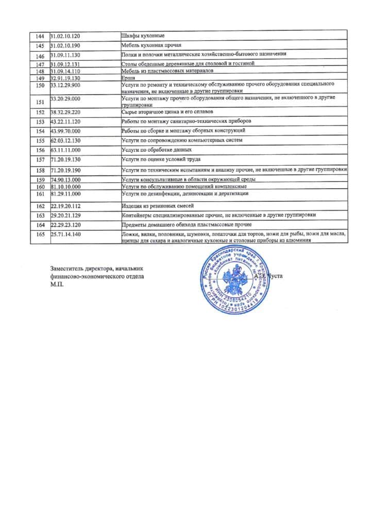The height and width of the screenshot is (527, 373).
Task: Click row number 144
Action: pyautogui.click(x=40, y=36)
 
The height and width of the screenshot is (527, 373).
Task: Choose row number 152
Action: pyautogui.click(x=40, y=112)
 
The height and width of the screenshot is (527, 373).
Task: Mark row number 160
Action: pyautogui.click(x=40, y=187)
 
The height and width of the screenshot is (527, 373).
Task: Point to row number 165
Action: pyautogui.click(x=40, y=235)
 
